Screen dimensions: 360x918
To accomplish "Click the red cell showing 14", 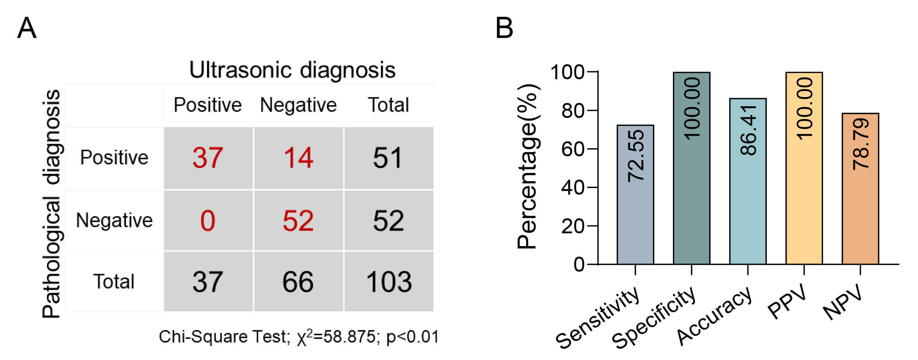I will point(298,158).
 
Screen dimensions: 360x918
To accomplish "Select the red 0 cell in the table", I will point(208,221).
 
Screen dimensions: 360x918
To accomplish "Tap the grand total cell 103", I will point(389,282).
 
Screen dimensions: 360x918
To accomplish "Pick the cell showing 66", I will point(298,282).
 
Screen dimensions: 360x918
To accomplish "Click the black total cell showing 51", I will point(388,158).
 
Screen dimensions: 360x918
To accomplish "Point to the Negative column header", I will point(298,105).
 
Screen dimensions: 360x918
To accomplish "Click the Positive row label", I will point(114,158).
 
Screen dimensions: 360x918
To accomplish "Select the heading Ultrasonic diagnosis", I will point(292,70).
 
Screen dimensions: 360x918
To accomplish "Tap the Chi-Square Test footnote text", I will point(298,337).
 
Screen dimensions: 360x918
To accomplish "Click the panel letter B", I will point(504,28).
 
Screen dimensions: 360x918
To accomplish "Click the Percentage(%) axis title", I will point(528,166).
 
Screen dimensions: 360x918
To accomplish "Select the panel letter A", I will point(27,28).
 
